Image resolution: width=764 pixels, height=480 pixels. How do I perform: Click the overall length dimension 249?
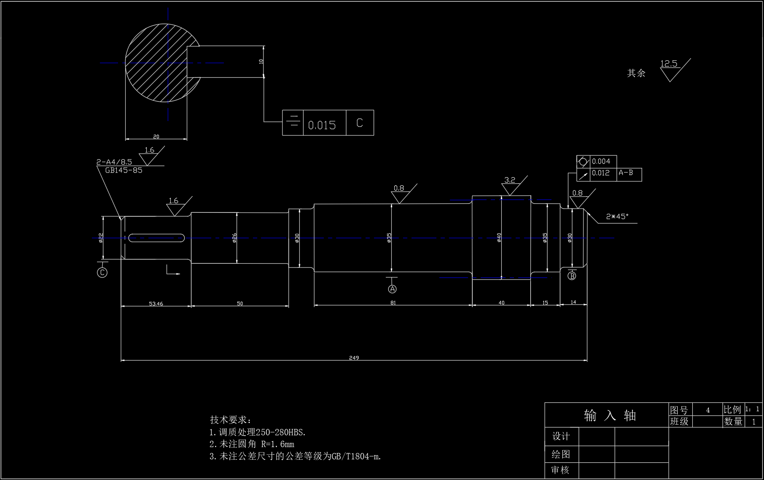(x=354, y=358)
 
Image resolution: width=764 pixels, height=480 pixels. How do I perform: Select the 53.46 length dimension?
(x=156, y=304)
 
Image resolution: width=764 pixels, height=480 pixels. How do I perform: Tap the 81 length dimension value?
(x=393, y=303)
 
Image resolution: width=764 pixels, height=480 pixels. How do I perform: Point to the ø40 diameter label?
(x=499, y=237)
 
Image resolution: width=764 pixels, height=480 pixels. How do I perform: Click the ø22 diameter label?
(x=101, y=238)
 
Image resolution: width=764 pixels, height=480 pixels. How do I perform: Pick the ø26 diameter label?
(x=234, y=238)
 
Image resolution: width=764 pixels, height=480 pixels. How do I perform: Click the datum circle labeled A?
(x=393, y=289)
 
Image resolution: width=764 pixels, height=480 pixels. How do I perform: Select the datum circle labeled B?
(x=572, y=276)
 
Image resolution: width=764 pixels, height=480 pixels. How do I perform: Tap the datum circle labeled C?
(x=102, y=272)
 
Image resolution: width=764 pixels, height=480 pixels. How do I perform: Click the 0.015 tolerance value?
(x=322, y=125)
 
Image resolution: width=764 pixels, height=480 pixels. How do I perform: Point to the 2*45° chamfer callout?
(x=617, y=216)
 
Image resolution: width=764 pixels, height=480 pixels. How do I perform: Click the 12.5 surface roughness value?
(x=668, y=64)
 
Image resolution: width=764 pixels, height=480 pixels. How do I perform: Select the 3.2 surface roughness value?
(x=510, y=180)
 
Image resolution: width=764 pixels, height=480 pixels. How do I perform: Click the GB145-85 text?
(x=124, y=170)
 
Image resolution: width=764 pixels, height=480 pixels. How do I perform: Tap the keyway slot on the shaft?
(x=156, y=238)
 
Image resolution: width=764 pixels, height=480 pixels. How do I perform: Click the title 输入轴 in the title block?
(x=610, y=415)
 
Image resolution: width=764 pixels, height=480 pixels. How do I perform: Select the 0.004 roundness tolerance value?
(x=601, y=162)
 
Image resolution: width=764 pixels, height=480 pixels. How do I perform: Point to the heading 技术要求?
(x=230, y=420)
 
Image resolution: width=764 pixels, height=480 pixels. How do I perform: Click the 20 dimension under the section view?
(x=156, y=137)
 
